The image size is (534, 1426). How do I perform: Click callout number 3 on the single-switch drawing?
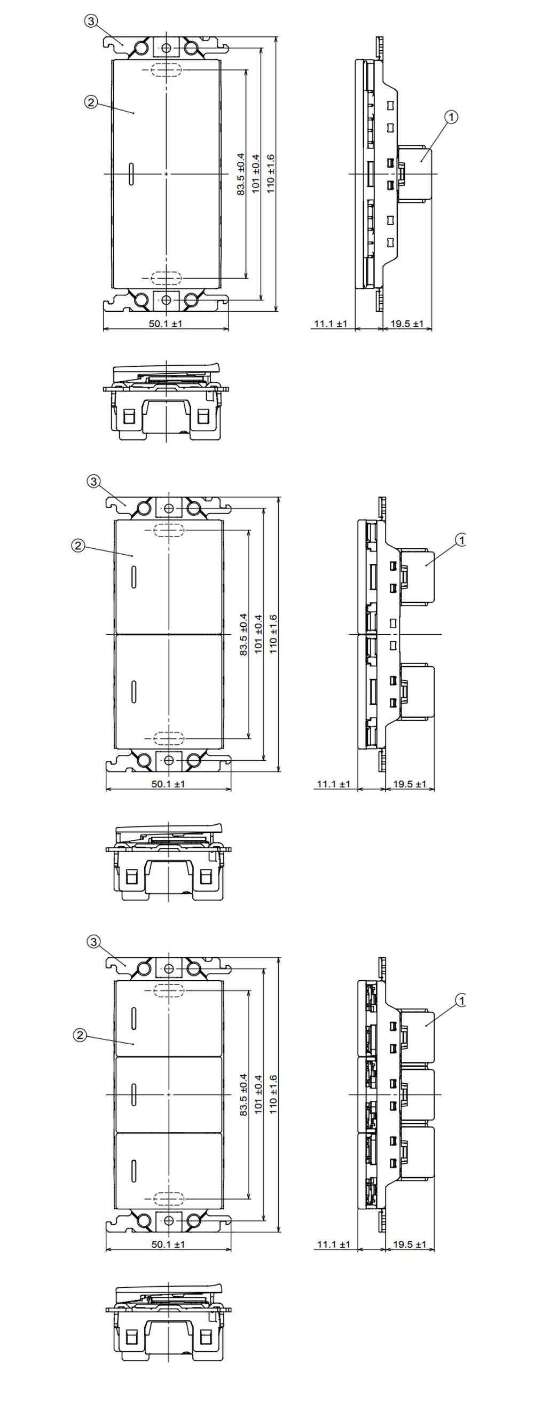point(91,21)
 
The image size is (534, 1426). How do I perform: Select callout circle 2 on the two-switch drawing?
point(77,545)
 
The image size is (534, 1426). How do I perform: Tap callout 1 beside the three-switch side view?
point(460,1000)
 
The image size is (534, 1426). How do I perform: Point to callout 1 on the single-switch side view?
point(451,117)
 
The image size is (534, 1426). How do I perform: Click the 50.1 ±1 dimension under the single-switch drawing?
point(165,324)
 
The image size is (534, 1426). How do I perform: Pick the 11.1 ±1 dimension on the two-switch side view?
point(333,784)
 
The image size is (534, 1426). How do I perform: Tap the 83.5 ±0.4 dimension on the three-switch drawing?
point(243,1094)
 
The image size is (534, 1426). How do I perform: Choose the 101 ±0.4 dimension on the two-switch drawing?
point(258,634)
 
